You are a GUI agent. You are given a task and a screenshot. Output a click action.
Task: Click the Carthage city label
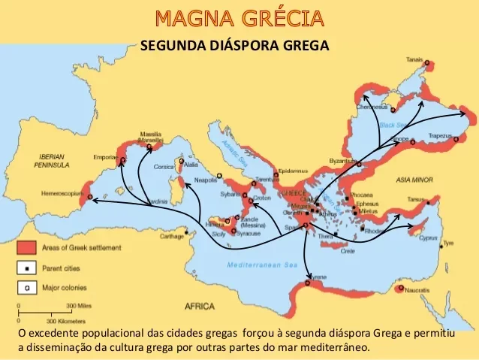pyautogui.click(x=171, y=236)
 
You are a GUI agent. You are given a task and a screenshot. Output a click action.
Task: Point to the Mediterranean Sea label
pyautogui.click(x=261, y=266)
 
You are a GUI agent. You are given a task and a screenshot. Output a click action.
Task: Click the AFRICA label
pyautogui.click(x=200, y=307)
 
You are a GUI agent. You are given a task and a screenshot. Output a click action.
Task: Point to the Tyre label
pyautogui.click(x=448, y=244)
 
